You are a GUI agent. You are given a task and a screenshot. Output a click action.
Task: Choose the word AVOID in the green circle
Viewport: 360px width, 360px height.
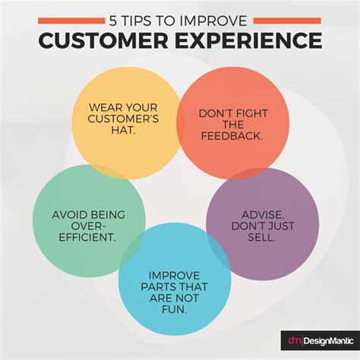65,215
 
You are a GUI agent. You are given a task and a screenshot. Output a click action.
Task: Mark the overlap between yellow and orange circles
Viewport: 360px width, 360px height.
182,118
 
